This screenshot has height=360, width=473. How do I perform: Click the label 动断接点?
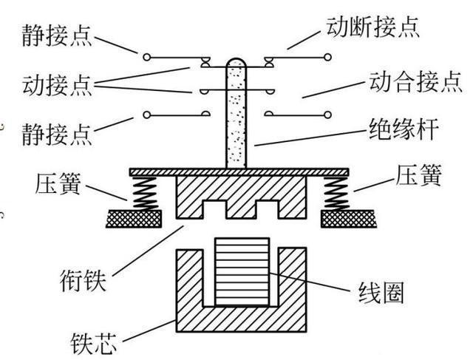coord(372,28)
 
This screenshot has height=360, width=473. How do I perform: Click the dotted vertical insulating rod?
coord(236,118)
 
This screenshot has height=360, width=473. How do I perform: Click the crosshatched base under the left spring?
coord(134,219)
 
